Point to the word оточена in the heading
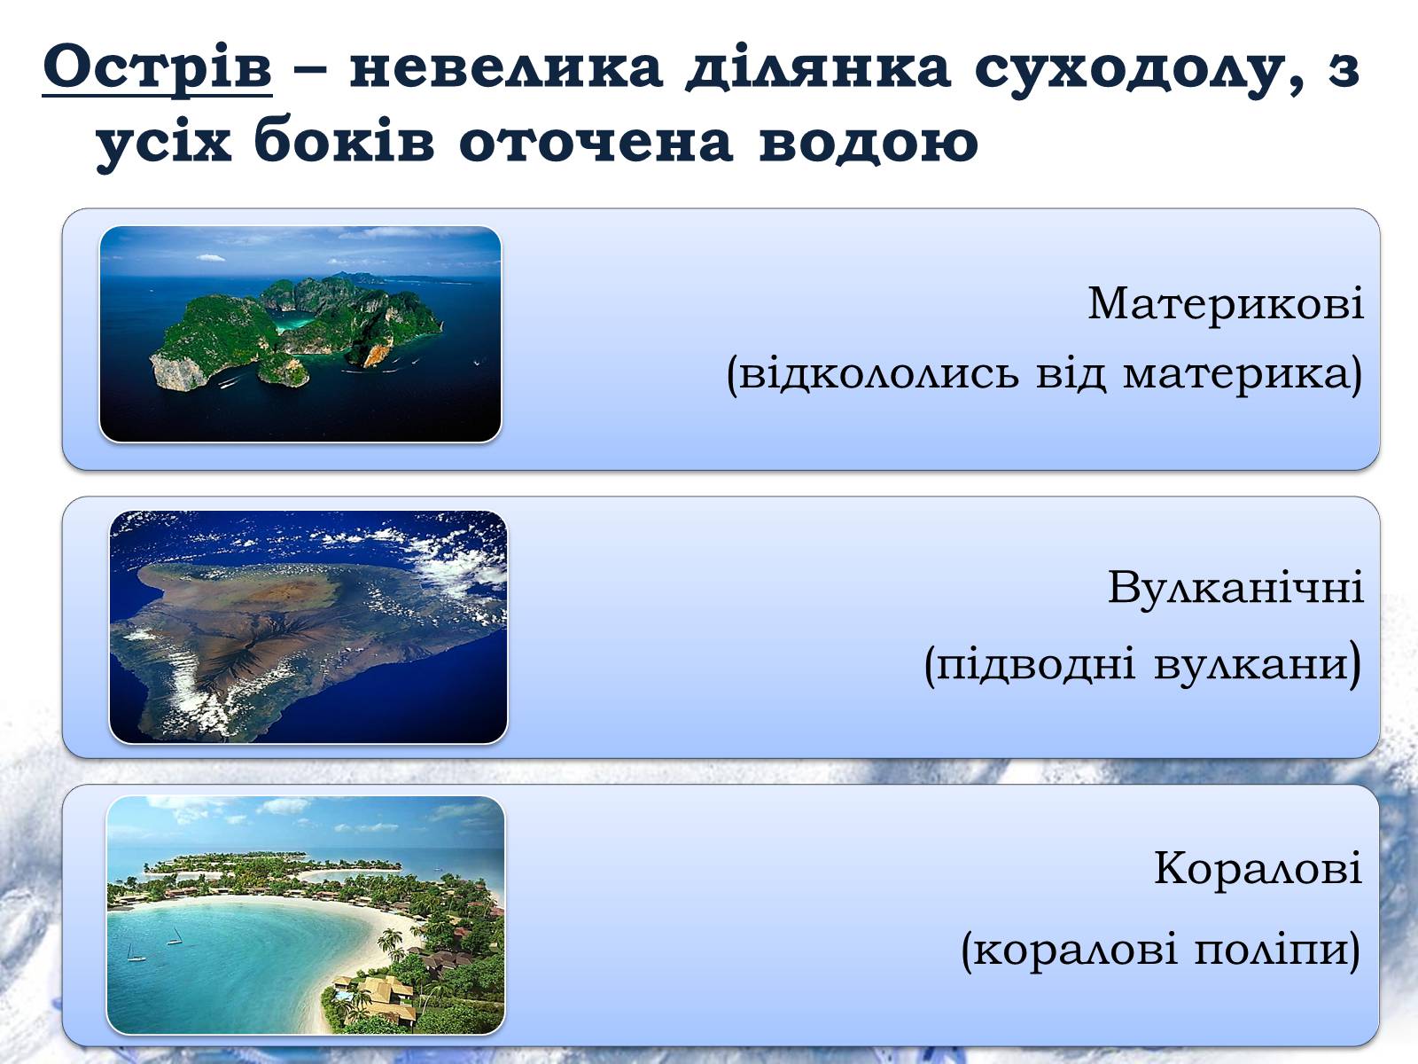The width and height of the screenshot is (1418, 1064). point(596,144)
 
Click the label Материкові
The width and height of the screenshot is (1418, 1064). point(1226,302)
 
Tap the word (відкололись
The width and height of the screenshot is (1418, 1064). point(871,372)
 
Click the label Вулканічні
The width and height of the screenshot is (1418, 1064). point(1235,587)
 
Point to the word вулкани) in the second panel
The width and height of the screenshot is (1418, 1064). point(1258,663)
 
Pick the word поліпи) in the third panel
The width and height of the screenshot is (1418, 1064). point(1277,950)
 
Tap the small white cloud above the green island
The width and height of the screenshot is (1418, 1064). point(210,258)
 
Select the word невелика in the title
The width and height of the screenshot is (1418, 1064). point(506,67)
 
